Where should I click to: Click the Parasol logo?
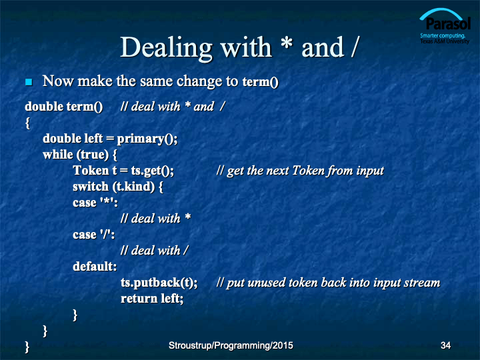click(x=445, y=26)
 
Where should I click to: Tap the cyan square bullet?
click(x=29, y=82)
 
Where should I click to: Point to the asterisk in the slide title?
click(x=287, y=43)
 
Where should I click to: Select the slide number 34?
click(x=446, y=345)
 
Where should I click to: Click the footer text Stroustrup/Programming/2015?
click(x=231, y=345)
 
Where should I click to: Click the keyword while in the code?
click(x=58, y=155)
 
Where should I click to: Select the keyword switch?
click(x=91, y=187)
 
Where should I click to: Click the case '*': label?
click(x=95, y=203)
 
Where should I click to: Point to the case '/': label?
click(x=94, y=235)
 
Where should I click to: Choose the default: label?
click(x=95, y=266)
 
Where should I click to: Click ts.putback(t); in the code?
click(x=159, y=283)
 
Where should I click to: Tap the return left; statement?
click(x=152, y=299)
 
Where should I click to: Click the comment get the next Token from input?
click(x=300, y=171)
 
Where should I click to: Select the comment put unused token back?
click(x=328, y=283)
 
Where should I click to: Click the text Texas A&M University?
click(x=445, y=41)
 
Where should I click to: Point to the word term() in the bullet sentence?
click(x=261, y=82)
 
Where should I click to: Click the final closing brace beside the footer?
click(x=27, y=347)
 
